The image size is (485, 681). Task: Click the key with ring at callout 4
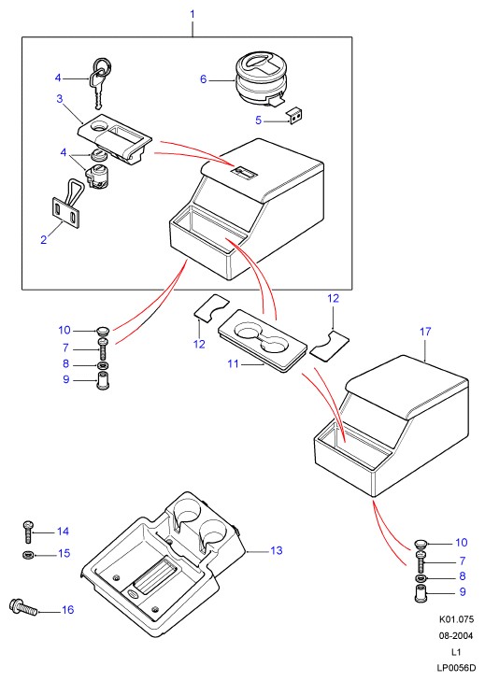coord(100,81)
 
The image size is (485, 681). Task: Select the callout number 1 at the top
coord(193,14)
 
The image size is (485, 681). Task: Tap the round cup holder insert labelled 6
coord(261,78)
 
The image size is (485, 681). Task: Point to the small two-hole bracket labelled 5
coord(295,116)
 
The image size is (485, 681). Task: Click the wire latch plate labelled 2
coord(66,207)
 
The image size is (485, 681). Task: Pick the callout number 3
coord(60,99)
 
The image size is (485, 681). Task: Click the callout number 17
coord(425,332)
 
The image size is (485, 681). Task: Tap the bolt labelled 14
coord(27,532)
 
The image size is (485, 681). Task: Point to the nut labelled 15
coord(27,555)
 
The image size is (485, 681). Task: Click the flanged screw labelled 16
coord(22,606)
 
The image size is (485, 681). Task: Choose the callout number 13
coord(276,550)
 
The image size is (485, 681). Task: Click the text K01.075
coord(455,619)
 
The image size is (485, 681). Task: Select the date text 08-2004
coord(455,636)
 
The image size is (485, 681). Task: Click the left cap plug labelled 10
coord(103,331)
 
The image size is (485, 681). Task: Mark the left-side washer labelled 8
coord(103,365)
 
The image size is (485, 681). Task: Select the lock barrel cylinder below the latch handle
coord(96,178)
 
